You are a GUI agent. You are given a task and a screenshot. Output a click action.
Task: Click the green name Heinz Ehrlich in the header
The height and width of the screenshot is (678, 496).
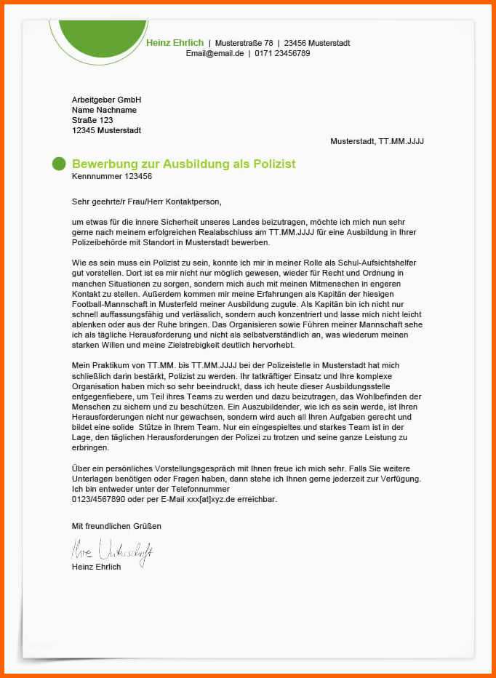pos(175,43)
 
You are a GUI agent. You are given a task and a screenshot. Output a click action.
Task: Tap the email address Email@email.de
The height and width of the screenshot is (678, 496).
pos(215,54)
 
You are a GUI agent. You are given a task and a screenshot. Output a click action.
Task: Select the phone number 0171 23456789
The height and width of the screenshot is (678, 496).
pos(282,54)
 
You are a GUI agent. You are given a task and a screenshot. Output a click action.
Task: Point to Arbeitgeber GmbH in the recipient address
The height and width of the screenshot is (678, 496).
pos(106,100)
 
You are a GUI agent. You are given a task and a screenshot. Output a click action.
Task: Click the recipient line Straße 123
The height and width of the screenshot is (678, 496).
pos(92,120)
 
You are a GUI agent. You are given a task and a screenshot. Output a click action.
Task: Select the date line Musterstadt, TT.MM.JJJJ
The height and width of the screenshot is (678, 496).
pos(377,141)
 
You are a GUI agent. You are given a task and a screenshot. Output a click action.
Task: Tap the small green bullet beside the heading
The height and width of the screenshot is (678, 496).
pos(59,164)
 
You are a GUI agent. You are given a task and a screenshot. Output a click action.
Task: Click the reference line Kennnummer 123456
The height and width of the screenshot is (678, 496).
pos(112,176)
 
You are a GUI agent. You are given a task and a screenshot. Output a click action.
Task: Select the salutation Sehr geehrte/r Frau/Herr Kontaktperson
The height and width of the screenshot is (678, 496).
pos(146,202)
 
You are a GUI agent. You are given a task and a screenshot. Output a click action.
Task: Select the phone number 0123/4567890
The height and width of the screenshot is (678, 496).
pos(98,500)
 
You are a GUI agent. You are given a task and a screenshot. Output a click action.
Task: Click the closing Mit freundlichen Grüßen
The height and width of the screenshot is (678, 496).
pos(116,525)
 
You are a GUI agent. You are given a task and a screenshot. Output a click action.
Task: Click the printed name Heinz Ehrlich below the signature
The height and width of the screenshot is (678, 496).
pos(97,567)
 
